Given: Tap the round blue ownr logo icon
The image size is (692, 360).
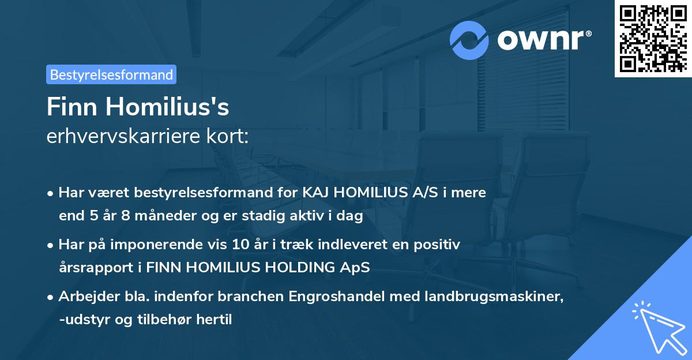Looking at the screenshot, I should [469, 39].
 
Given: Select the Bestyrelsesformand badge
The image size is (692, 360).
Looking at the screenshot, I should [111, 74].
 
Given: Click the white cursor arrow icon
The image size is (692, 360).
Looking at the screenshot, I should [657, 327].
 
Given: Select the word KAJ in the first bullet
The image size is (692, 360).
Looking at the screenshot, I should [315, 193].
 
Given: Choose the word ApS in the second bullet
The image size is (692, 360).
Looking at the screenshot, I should [357, 268].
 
